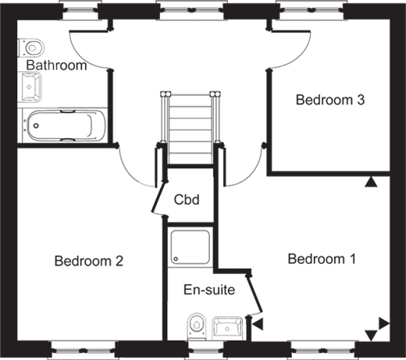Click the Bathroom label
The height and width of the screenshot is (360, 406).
point(56,65)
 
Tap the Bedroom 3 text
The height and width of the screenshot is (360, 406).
point(330,100)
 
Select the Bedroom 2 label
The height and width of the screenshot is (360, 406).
point(89,261)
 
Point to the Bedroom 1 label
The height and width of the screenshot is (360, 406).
point(322,259)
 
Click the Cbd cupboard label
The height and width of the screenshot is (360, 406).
point(187,200)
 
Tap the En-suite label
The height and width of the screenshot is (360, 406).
point(209,290)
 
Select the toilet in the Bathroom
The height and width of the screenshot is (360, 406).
point(31,48)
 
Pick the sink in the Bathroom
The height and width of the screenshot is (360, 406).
point(30,87)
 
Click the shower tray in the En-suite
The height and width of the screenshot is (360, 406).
point(191,247)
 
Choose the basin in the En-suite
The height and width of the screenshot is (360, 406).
point(228,329)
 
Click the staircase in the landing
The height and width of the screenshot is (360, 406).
point(190,127)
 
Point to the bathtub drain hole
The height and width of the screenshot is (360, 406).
point(36,126)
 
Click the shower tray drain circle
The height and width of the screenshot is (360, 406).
point(176,259)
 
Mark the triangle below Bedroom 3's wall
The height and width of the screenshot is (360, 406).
point(371,183)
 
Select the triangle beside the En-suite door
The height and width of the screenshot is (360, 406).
point(258,324)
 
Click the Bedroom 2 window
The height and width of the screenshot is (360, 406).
point(83,350)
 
